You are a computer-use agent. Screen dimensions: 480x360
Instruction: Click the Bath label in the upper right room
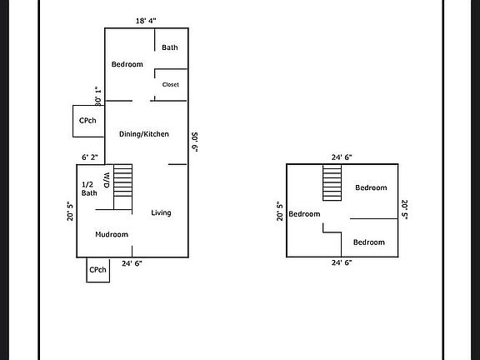(170, 47)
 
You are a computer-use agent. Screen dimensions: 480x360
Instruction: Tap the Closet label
(171, 84)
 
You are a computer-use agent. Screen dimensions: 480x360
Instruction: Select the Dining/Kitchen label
(144, 134)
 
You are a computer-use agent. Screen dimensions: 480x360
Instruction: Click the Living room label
(161, 212)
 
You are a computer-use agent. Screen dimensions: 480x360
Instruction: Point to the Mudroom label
(112, 234)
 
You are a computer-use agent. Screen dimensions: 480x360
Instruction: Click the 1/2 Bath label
(89, 188)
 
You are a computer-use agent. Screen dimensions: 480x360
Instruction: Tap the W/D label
(107, 180)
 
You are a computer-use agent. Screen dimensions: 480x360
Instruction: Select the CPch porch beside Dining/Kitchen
(88, 121)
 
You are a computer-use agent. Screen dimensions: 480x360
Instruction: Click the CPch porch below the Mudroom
(98, 270)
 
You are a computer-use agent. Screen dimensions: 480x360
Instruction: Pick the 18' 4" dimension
(146, 21)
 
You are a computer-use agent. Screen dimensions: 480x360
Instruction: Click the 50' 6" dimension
(194, 142)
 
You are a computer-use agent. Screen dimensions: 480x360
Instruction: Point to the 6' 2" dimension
(90, 157)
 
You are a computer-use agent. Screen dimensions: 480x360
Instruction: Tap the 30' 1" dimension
(98, 96)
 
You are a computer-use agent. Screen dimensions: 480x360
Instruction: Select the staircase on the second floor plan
(332, 182)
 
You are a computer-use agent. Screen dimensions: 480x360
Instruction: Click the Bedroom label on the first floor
(127, 64)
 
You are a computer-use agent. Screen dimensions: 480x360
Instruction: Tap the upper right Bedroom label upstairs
(371, 187)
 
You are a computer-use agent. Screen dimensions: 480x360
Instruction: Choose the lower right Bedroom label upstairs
(369, 242)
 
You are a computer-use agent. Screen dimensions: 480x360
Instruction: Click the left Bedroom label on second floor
(304, 214)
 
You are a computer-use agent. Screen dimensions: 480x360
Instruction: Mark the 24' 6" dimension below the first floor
(132, 263)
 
